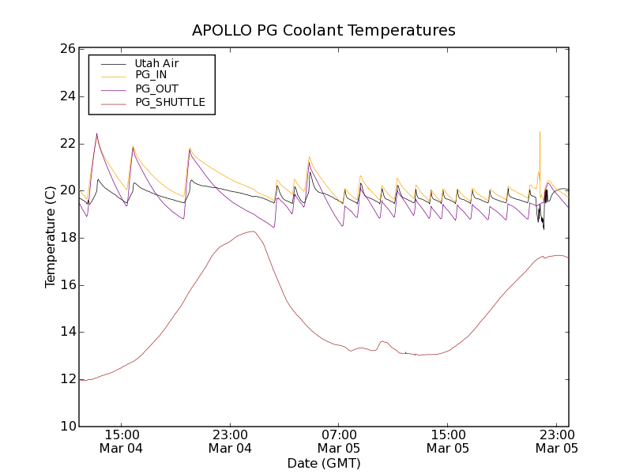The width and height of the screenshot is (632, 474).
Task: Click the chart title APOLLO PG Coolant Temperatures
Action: [x=324, y=30]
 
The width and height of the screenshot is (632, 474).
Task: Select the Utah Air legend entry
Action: [x=156, y=63]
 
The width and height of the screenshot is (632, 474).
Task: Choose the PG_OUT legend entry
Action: [x=156, y=89]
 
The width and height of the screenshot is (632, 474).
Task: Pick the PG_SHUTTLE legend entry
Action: [x=170, y=102]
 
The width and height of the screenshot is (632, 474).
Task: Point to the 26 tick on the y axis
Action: [x=66, y=49]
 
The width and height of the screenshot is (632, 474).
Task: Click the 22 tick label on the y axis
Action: [x=66, y=144]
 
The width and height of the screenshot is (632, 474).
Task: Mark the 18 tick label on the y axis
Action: [x=66, y=238]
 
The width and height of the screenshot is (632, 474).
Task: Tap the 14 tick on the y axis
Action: [x=66, y=332]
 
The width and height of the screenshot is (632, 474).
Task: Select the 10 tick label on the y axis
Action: [x=66, y=427]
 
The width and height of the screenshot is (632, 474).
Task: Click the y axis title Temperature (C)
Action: [x=51, y=237]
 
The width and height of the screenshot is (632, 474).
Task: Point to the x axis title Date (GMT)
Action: [x=324, y=463]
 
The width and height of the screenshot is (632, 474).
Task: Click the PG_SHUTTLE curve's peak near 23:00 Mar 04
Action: [x=252, y=231]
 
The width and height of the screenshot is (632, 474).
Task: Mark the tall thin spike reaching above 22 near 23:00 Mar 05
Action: [x=540, y=132]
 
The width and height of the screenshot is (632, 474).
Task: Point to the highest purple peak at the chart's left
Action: [x=96, y=134]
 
